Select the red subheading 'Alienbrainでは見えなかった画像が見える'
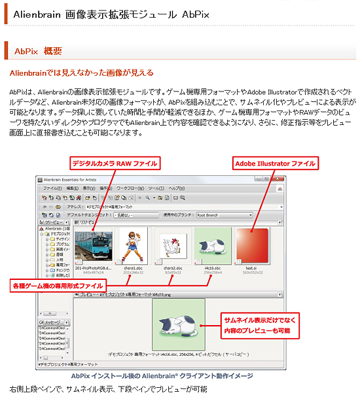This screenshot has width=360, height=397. pos(81,73)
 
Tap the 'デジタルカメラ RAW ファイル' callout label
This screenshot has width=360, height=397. pos(115,163)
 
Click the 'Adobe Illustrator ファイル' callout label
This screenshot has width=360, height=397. pos(275,163)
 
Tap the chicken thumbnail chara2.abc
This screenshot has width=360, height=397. pos(172,246)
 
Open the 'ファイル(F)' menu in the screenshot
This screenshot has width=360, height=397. pos(52,188)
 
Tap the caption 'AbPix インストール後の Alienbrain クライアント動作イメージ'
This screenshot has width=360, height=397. pos(162,376)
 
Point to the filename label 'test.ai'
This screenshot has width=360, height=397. pos(251,268)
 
